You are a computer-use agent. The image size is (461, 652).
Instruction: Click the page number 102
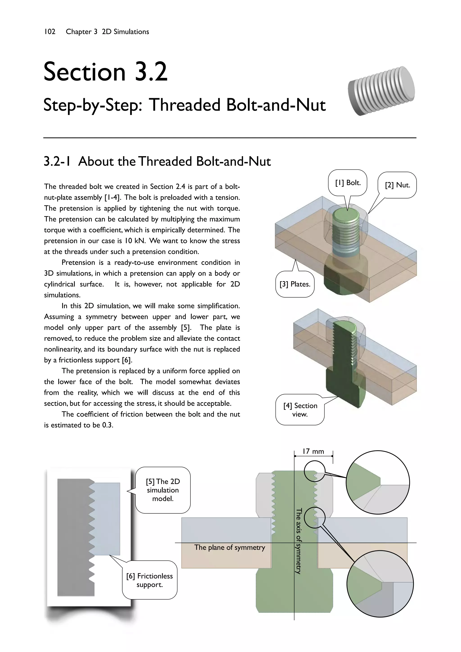tap(50, 32)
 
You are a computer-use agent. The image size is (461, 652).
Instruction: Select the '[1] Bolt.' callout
tap(348, 183)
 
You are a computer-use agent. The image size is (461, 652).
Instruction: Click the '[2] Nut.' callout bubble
tap(397, 185)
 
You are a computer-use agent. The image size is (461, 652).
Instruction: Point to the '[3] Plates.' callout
tap(295, 284)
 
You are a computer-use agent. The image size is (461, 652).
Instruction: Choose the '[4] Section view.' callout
tap(300, 410)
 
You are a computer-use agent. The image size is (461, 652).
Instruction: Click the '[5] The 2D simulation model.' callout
tap(163, 490)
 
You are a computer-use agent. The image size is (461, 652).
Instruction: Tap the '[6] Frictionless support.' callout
tap(150, 580)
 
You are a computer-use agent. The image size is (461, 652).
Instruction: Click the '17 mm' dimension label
tap(313, 451)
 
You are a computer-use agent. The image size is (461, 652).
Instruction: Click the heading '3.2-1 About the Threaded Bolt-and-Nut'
tap(157, 161)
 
